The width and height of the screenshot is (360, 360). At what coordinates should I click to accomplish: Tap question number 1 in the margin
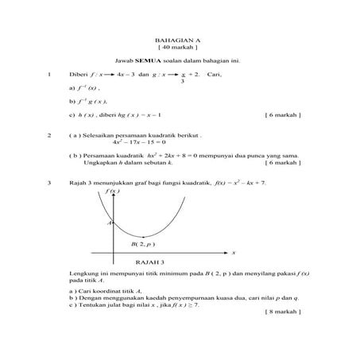[x=50, y=75]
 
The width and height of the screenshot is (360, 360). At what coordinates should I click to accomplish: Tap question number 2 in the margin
[x=50, y=136]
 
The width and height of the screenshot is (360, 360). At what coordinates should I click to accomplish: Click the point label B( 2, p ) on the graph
[x=143, y=245]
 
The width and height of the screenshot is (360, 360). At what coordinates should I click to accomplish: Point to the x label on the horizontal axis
[x=234, y=253]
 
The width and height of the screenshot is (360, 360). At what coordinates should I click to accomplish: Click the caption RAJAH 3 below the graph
[x=150, y=261]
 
